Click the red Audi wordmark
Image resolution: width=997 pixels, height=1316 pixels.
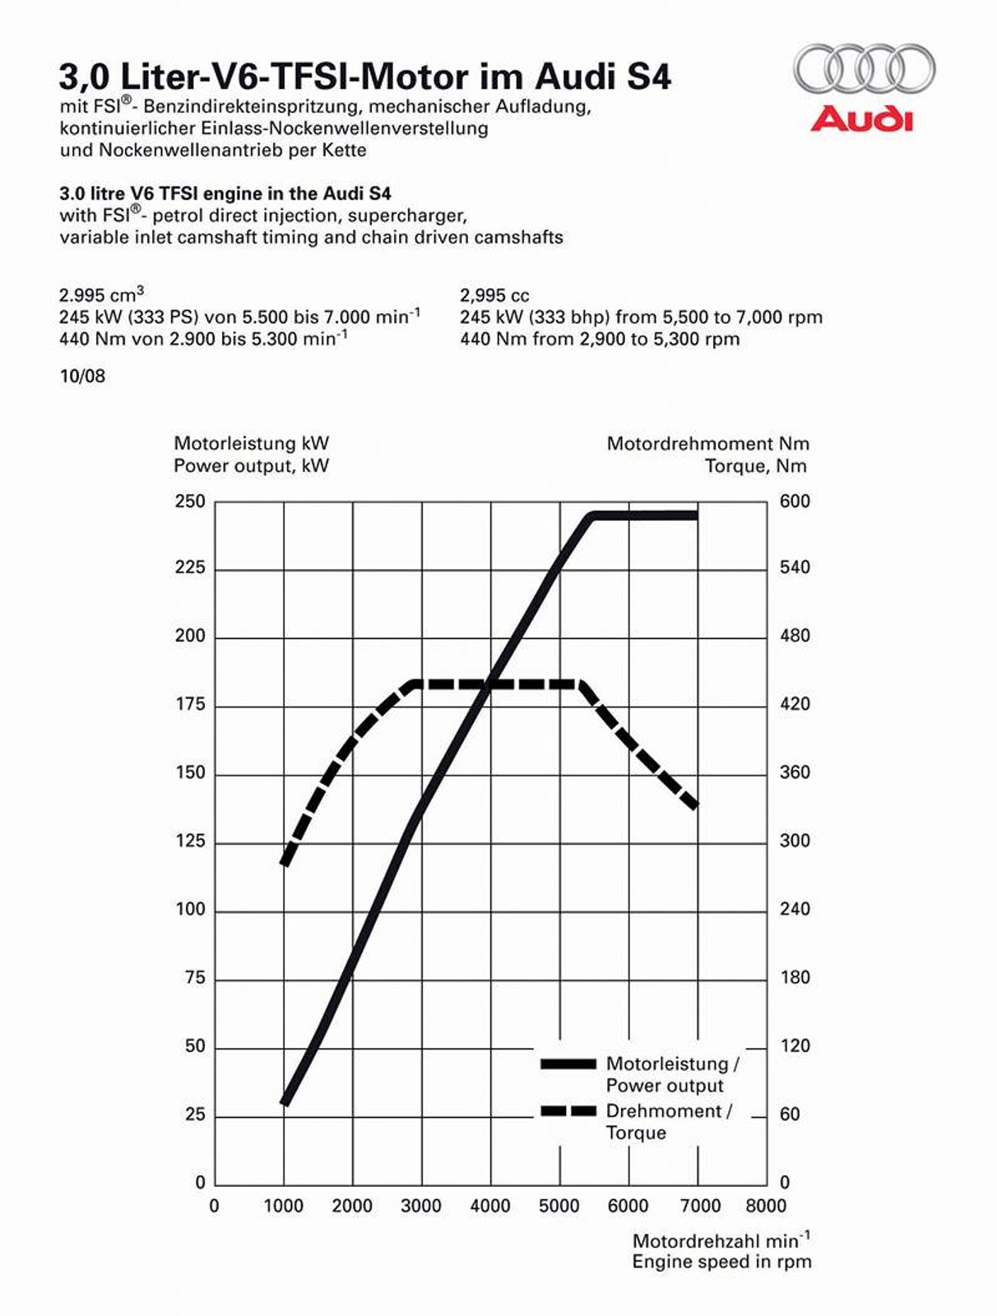click(x=861, y=119)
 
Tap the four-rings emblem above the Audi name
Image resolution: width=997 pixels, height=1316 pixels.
click(x=864, y=69)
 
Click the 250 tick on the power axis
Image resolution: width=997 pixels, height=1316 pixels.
click(x=190, y=502)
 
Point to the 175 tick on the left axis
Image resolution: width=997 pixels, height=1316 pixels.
click(x=190, y=705)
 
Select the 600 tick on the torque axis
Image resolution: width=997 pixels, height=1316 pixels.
click(x=795, y=502)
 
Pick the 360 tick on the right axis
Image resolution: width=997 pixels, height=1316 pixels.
click(x=795, y=772)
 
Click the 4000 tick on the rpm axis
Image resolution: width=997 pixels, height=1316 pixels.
click(x=490, y=1207)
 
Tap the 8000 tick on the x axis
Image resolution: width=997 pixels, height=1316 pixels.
click(x=766, y=1207)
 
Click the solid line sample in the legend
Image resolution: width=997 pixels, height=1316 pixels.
click(x=568, y=1063)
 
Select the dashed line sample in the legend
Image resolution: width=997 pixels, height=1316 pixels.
click(x=568, y=1111)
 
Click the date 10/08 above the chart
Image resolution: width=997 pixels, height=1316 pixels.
click(x=82, y=377)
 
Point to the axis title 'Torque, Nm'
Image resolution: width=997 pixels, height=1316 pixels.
click(x=755, y=466)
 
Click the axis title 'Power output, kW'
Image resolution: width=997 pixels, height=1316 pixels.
click(x=251, y=466)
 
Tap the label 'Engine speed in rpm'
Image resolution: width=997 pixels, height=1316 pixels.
click(x=721, y=1262)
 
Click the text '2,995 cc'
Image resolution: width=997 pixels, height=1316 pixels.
click(x=494, y=295)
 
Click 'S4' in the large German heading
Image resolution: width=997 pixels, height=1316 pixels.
click(x=649, y=77)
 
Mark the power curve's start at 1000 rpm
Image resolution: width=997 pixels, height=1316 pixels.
click(x=285, y=1101)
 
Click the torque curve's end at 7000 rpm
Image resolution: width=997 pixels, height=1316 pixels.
click(x=696, y=805)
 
